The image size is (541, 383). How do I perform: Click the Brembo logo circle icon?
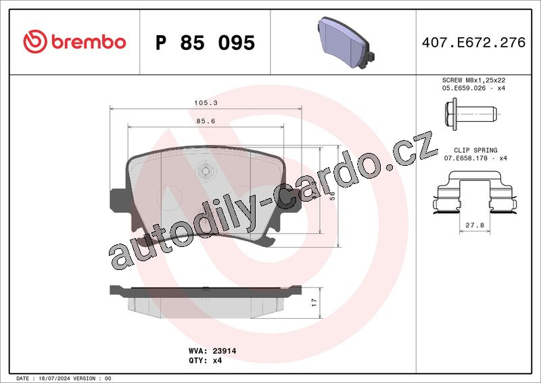tap(35, 41)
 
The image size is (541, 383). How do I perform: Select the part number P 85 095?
tap(205, 43)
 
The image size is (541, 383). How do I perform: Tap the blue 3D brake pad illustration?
tap(346, 43)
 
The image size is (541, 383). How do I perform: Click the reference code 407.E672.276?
tap(473, 43)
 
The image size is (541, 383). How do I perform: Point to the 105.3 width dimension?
tap(206, 103)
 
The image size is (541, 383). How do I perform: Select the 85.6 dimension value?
tap(206, 121)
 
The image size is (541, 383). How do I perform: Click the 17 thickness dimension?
tap(314, 302)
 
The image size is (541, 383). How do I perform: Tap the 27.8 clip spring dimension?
tap(475, 225)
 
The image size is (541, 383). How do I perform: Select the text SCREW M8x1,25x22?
tap(474, 80)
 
